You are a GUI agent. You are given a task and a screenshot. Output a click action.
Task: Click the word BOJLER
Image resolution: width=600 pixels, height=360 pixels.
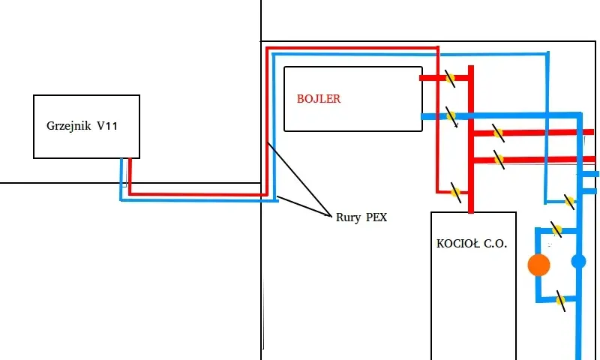[x=318, y=99]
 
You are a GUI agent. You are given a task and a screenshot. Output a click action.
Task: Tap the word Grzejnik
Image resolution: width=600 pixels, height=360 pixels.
[x=69, y=126]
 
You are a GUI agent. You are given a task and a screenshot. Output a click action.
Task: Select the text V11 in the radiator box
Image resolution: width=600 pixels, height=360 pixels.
[x=107, y=125]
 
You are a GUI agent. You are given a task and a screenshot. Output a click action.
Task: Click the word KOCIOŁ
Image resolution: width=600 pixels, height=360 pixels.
[x=457, y=244]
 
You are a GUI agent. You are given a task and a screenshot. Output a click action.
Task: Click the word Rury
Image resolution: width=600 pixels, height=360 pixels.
[x=349, y=217]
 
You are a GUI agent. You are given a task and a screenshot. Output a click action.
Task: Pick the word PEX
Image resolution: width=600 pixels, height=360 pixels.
[x=376, y=217]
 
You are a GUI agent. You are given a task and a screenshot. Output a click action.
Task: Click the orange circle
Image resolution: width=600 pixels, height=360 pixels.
[x=538, y=265]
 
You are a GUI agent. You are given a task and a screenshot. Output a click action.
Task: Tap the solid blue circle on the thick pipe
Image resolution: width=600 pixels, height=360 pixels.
[x=578, y=262]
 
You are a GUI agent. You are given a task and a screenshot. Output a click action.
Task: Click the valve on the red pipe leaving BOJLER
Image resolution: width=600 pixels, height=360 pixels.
[x=451, y=78]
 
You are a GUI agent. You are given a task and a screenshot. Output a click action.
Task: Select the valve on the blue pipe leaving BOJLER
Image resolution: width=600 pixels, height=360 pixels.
[x=451, y=116]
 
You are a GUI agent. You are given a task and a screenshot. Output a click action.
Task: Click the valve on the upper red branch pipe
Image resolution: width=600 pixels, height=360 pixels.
[x=498, y=133]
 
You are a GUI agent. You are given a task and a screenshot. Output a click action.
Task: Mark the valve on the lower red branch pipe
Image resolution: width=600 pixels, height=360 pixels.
[x=499, y=159]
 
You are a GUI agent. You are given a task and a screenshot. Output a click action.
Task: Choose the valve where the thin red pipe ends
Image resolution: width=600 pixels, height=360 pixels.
[x=455, y=193]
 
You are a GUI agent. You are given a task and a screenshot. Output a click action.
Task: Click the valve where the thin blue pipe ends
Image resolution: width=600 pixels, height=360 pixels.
[x=569, y=201]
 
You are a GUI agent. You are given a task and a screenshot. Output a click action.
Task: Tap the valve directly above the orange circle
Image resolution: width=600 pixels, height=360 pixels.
[x=556, y=230]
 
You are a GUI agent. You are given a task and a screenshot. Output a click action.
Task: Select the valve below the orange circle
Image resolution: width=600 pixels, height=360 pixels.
[x=560, y=300]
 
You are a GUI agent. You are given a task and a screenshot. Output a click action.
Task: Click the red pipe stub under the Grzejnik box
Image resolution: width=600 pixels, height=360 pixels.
[x=130, y=176]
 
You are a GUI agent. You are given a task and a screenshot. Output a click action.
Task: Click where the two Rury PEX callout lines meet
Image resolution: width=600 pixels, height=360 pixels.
[x=331, y=216]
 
